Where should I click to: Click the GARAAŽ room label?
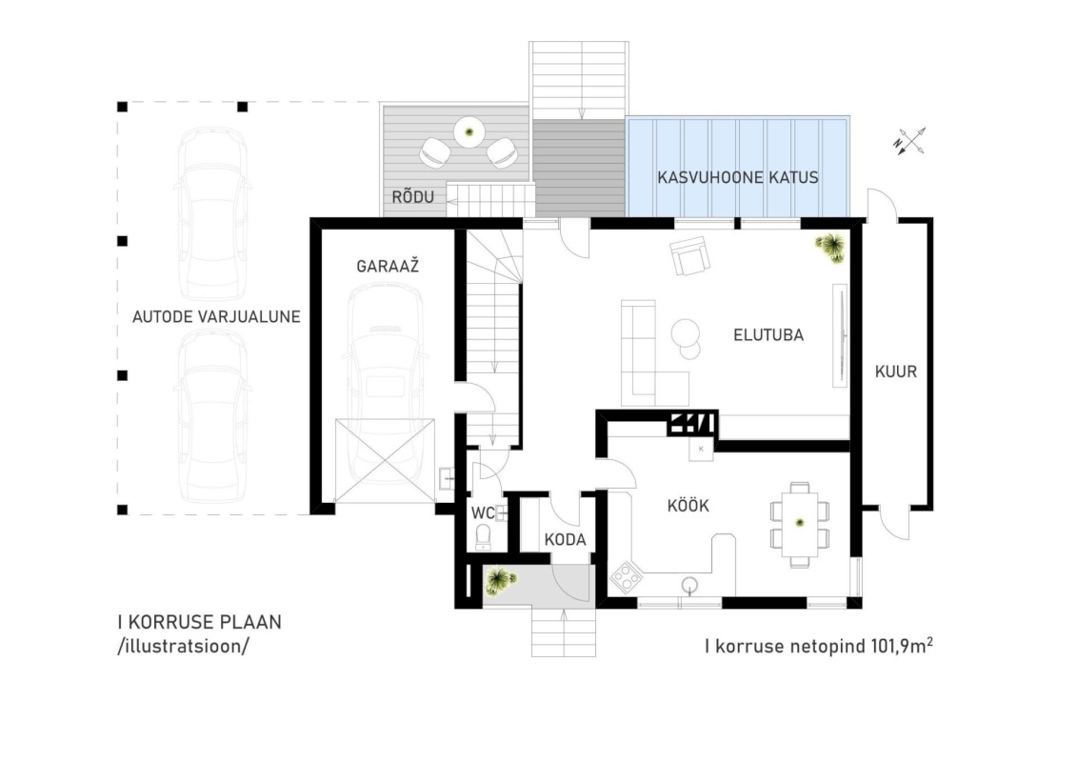(388, 266)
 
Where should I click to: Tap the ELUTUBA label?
(768, 335)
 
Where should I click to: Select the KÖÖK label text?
(688, 506)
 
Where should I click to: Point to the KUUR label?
(896, 371)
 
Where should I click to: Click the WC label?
(482, 513)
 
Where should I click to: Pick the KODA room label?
(566, 539)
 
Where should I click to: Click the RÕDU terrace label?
(413, 197)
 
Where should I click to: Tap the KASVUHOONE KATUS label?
(738, 177)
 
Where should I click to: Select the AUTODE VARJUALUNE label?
(216, 317)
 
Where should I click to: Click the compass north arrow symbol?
(909, 142)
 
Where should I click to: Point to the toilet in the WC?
(484, 537)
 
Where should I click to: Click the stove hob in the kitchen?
(626, 577)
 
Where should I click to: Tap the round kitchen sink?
(689, 586)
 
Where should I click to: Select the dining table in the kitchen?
(800, 524)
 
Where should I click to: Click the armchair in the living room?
(690, 255)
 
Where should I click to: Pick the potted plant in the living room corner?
(830, 248)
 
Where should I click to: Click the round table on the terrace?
(469, 132)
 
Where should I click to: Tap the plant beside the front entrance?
(499, 581)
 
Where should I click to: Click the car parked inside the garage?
(385, 385)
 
